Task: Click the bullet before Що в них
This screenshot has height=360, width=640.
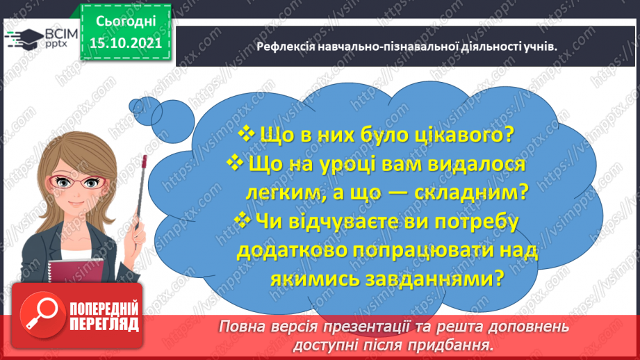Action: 247,133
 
